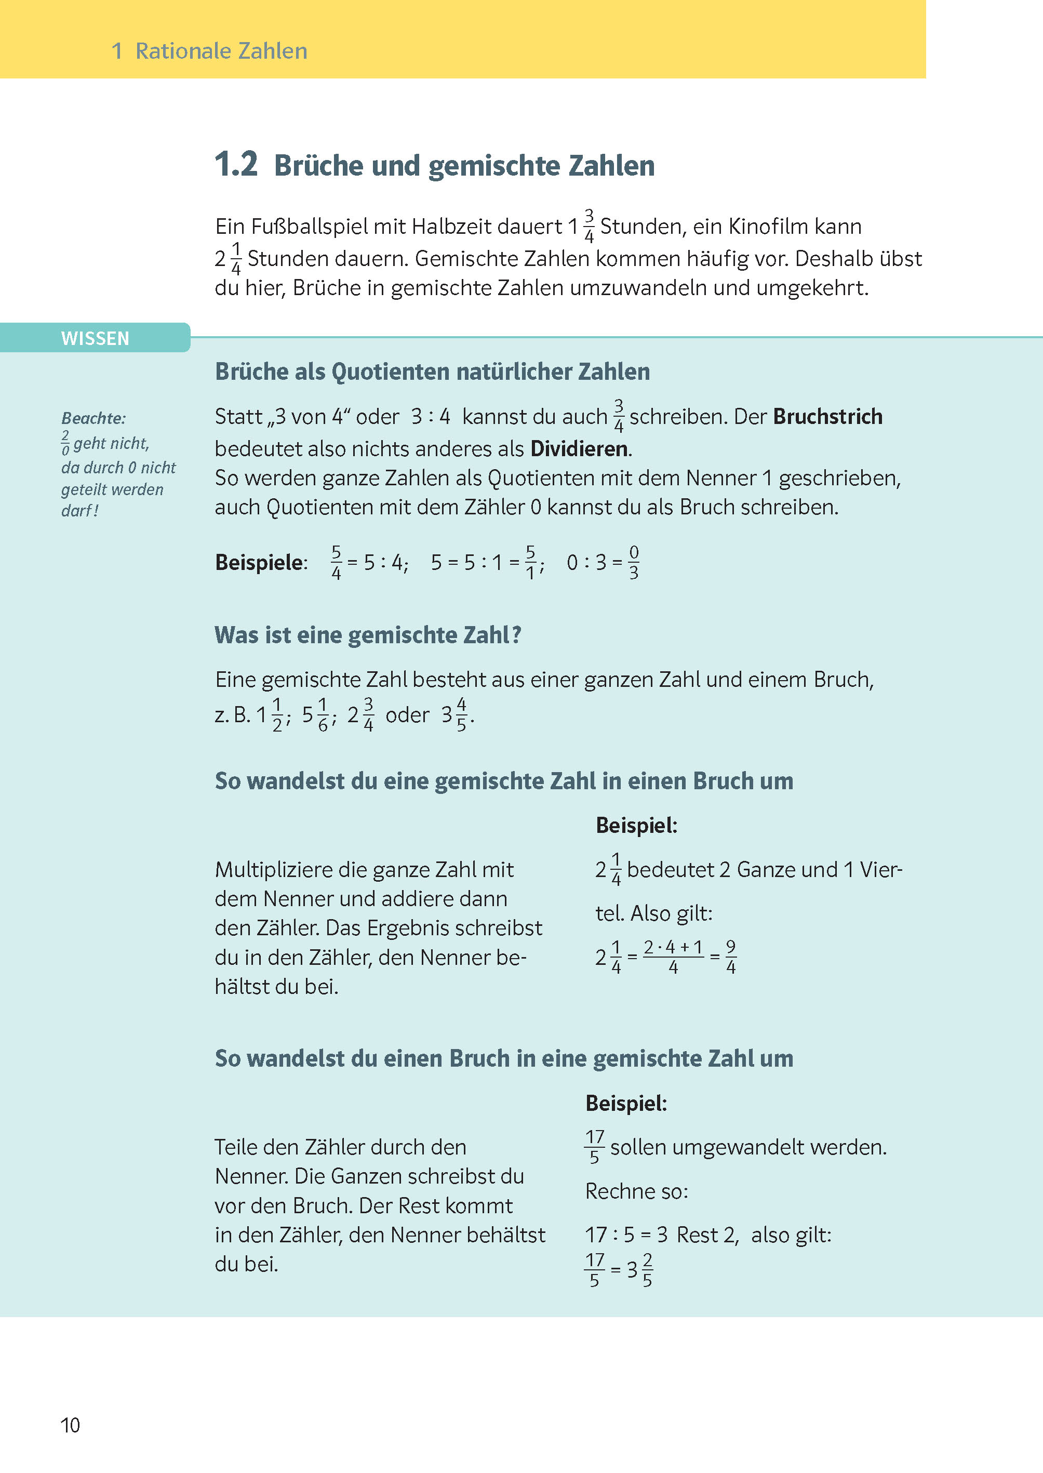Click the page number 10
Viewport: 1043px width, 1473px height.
click(70, 1425)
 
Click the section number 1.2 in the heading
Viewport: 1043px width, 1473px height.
click(236, 165)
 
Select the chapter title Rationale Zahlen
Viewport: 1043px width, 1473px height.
click(221, 51)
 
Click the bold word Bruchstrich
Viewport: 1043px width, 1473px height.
click(827, 417)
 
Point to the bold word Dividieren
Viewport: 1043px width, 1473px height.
click(579, 448)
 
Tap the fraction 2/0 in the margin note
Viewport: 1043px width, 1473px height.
click(65, 443)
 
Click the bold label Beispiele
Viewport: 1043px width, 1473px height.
click(260, 563)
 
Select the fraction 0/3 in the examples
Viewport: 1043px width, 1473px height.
click(633, 563)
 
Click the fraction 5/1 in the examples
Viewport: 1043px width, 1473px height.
click(530, 563)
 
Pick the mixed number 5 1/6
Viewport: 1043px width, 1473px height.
click(317, 715)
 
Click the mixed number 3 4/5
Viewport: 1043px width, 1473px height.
click(456, 715)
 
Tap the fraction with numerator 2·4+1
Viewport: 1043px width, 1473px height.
click(673, 957)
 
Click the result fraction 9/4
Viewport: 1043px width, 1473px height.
click(731, 957)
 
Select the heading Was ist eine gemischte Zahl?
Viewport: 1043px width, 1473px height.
click(368, 635)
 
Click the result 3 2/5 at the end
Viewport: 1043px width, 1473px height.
click(640, 1269)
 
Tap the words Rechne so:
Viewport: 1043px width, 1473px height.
click(636, 1191)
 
